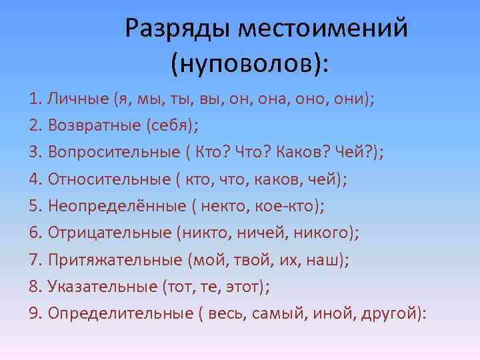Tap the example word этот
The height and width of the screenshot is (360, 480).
245,287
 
